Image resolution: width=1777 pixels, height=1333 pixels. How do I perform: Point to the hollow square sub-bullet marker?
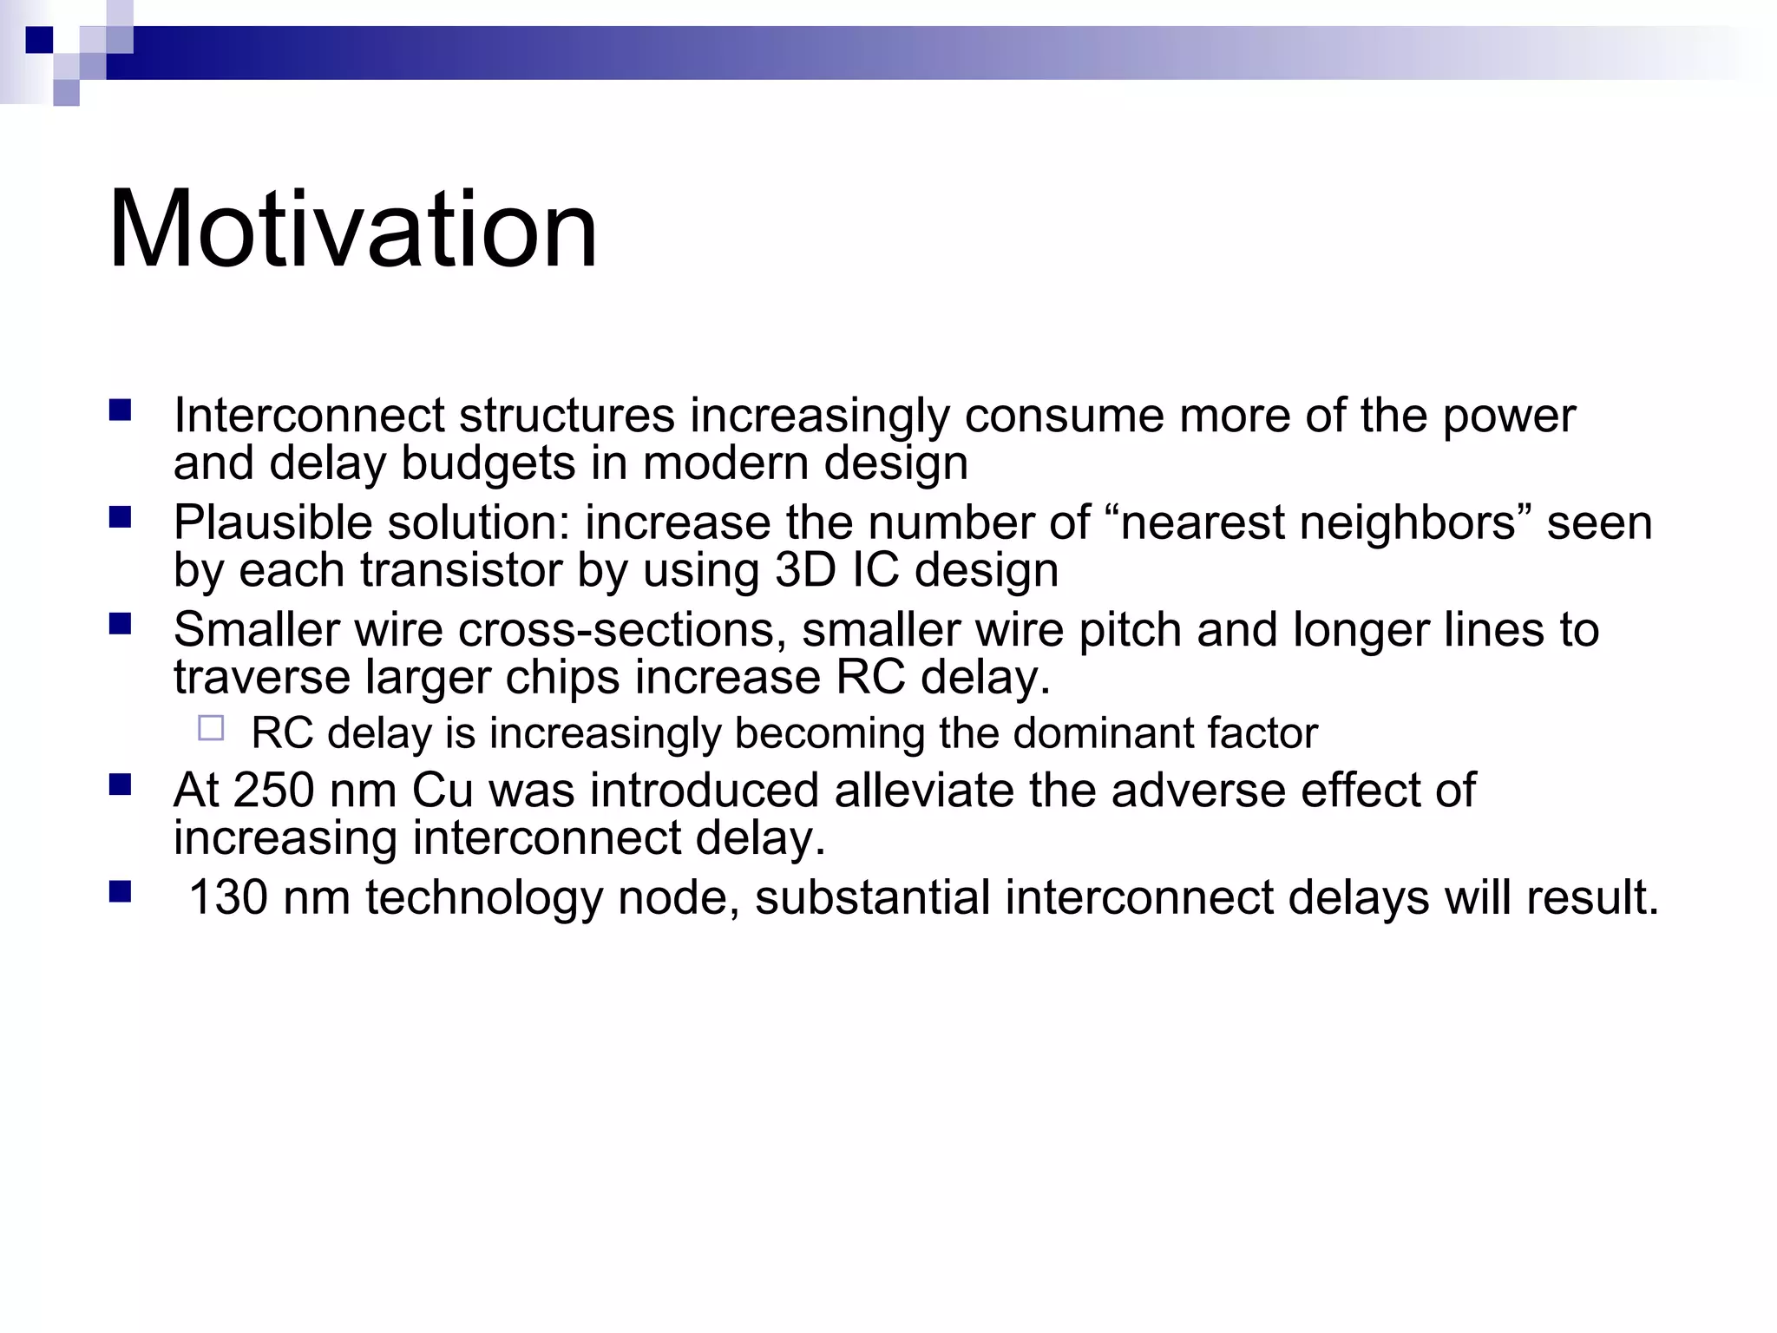coord(211,728)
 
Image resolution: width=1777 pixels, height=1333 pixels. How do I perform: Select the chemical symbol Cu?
coord(443,791)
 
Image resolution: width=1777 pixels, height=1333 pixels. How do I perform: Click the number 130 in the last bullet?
coord(228,897)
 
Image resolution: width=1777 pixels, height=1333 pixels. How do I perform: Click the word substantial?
coord(872,897)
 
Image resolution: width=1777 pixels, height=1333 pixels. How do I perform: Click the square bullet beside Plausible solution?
coord(120,518)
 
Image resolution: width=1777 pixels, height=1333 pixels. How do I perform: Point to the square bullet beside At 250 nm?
coord(120,785)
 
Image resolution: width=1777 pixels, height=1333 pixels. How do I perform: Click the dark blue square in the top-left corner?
coord(39,40)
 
